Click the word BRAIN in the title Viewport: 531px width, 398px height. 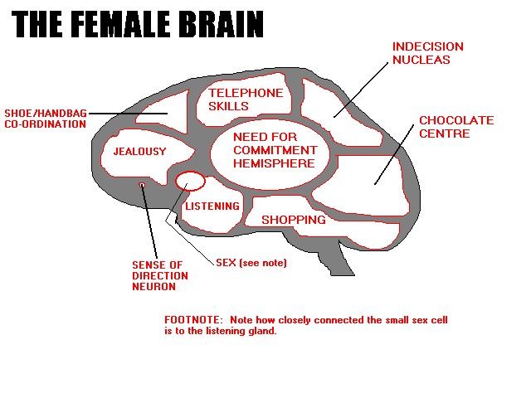coord(222,24)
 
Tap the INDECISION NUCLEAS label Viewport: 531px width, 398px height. coord(428,53)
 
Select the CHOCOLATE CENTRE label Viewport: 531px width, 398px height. coord(456,127)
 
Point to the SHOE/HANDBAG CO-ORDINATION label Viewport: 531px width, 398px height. coord(46,119)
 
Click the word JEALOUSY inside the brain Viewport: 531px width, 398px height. coord(140,151)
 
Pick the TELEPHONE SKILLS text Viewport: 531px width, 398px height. coord(246,99)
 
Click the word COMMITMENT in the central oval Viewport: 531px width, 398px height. coord(275,150)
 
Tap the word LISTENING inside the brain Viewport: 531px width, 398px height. coord(212,206)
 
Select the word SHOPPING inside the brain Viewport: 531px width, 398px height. coord(294,220)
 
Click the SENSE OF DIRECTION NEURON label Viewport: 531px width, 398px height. coord(160,276)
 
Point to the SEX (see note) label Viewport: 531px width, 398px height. coord(251,263)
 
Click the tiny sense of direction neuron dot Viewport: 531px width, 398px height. coord(142,185)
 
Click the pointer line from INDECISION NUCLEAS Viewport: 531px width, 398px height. coord(361,90)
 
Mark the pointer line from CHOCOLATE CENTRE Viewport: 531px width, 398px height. coord(394,155)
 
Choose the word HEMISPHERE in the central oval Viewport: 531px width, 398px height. coord(274,163)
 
